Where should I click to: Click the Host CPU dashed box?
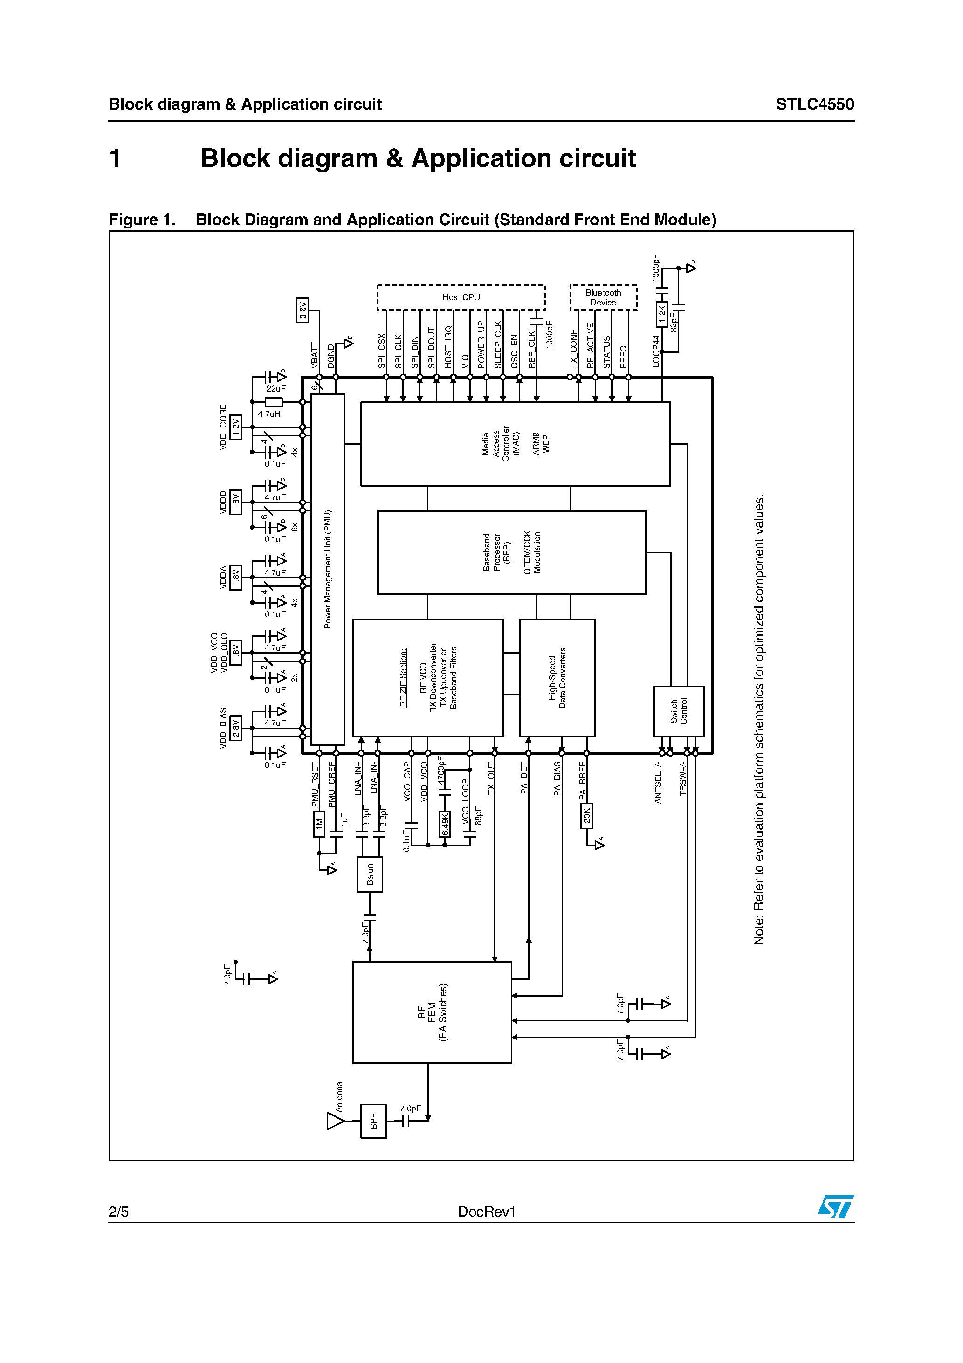[x=461, y=297]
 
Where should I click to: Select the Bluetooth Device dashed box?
[x=603, y=297]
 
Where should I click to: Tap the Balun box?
[x=369, y=874]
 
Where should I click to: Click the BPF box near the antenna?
[x=373, y=1121]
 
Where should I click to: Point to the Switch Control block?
[x=678, y=711]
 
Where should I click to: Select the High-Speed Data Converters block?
[x=557, y=677]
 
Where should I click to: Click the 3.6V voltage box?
[x=302, y=310]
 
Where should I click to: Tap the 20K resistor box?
[x=586, y=816]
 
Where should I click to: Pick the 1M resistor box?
[x=319, y=824]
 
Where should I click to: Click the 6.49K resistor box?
[x=445, y=825]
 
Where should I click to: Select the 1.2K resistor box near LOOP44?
[x=661, y=315]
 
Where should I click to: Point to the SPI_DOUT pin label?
[x=432, y=348]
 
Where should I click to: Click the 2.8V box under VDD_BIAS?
[x=236, y=728]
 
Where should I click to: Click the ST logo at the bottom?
[x=835, y=1207]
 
